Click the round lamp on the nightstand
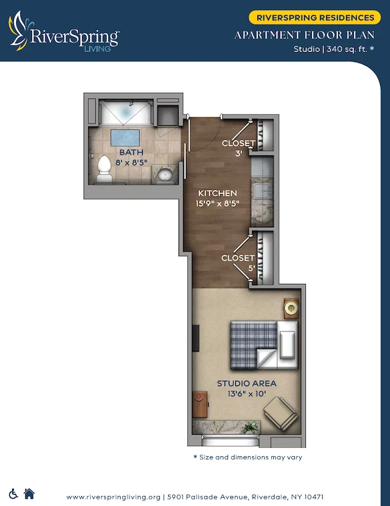tap(291, 307)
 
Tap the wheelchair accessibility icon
tap(13, 493)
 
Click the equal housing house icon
tap(29, 493)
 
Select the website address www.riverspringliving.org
tap(114, 497)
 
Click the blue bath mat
tap(125, 138)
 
